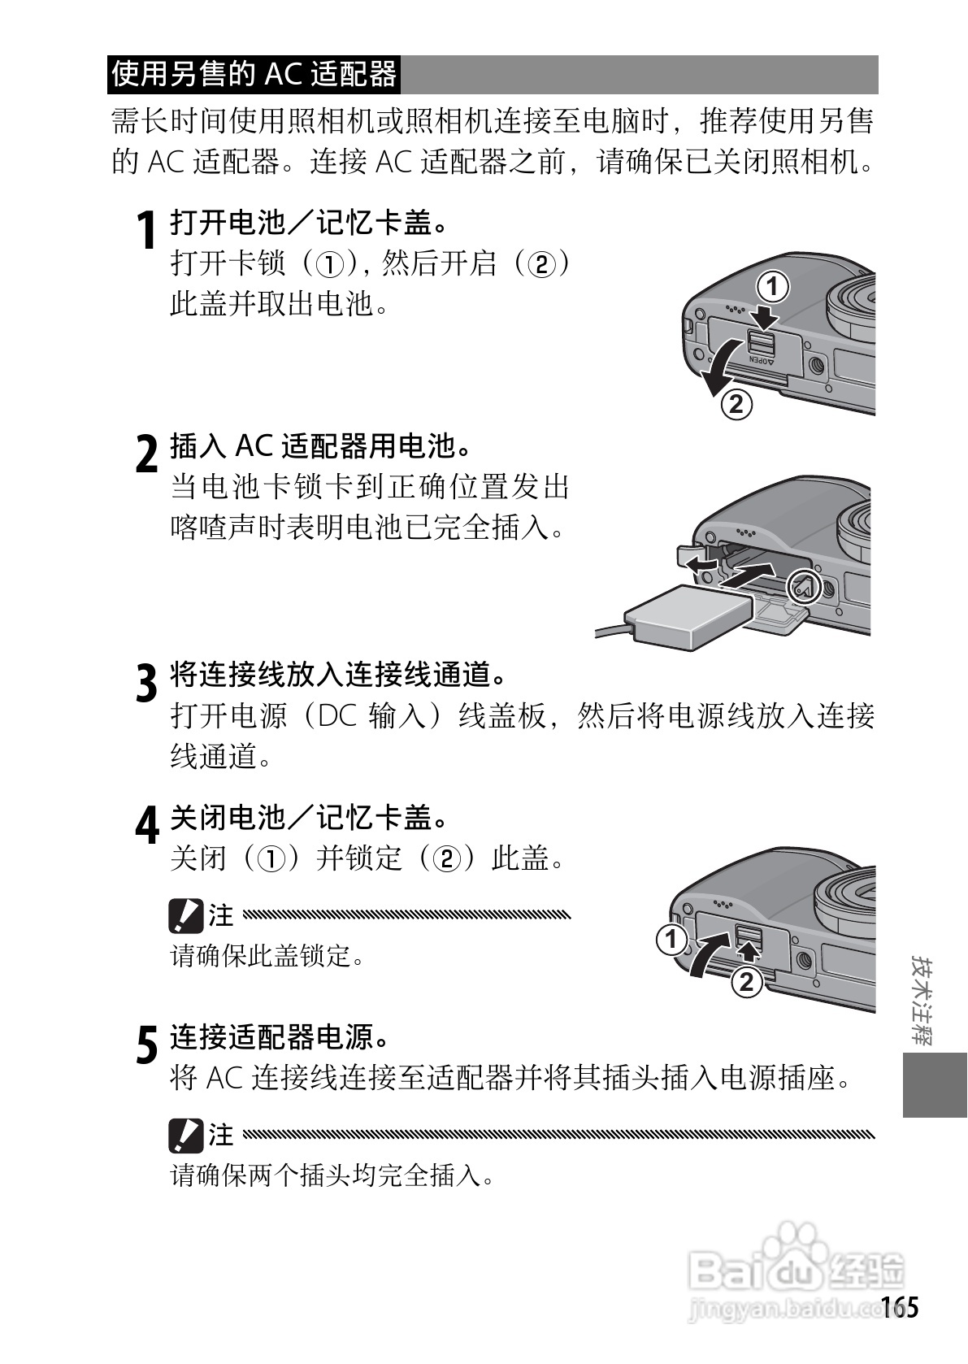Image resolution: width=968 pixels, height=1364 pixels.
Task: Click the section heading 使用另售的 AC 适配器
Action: click(254, 74)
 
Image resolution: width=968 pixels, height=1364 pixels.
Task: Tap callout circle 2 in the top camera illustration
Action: click(736, 404)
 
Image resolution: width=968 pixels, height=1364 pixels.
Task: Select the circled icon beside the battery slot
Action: click(804, 585)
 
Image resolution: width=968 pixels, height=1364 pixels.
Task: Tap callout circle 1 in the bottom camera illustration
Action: click(671, 940)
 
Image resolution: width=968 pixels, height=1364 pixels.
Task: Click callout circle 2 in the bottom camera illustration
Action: click(746, 982)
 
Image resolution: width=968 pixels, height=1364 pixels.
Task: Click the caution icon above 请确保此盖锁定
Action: click(185, 916)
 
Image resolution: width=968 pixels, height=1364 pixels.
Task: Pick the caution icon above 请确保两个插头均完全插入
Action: click(185, 1135)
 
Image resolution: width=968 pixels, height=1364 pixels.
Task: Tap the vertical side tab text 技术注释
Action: click(922, 1001)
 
